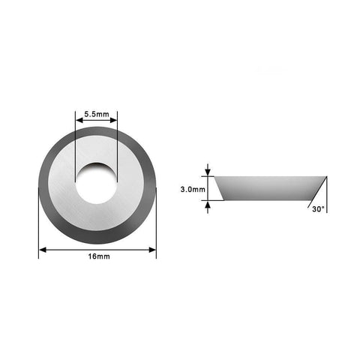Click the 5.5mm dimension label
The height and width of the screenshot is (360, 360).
pos(97,114)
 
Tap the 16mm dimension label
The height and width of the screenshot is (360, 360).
pos(99,256)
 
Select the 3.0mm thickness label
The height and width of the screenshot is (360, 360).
pos(193,189)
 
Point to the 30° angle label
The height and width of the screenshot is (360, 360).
pos(318,209)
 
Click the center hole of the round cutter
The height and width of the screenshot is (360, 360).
pos(96,183)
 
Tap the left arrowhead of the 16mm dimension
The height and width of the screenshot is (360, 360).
pos(43,250)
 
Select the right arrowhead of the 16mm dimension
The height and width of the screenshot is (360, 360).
pos(152,250)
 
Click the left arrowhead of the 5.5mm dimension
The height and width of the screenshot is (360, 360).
pos(79,121)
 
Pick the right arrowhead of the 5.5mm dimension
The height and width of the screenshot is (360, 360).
pos(113,121)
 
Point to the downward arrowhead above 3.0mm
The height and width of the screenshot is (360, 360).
pos(208,172)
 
